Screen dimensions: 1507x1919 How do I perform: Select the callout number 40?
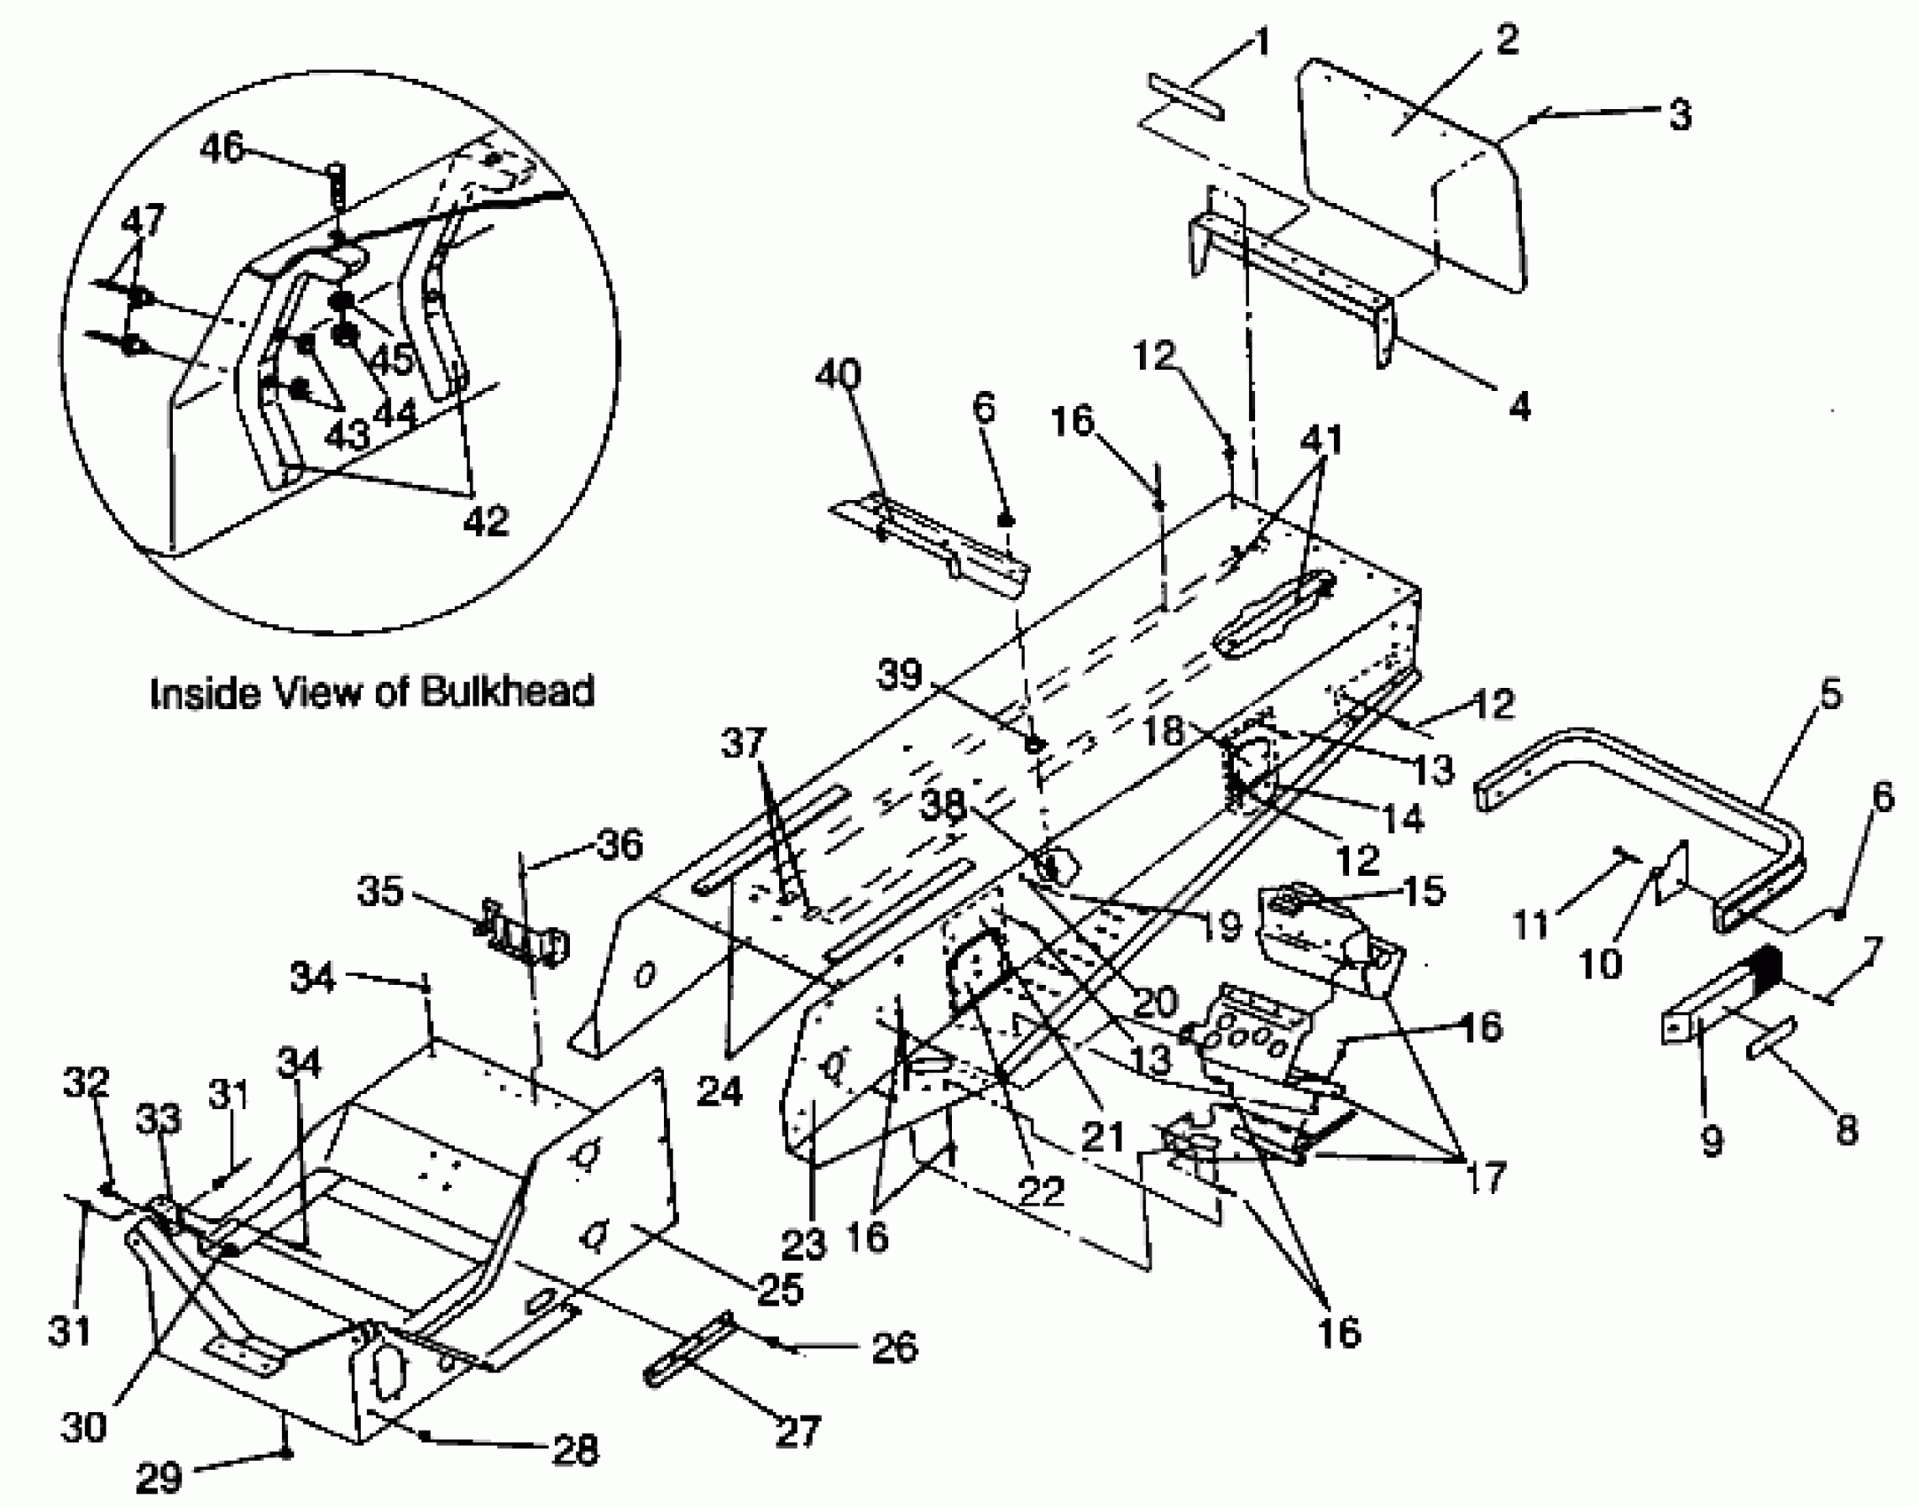tap(837, 375)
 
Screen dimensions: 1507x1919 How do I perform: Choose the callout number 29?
tap(160, 1477)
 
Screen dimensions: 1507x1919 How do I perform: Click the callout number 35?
tap(381, 891)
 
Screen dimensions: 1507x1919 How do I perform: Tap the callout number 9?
tap(1712, 1140)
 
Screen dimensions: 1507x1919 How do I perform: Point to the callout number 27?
tap(797, 1429)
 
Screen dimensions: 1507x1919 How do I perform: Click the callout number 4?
tap(1519, 407)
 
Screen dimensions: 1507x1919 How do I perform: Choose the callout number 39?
tap(900, 675)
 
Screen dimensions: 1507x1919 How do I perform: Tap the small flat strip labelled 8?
tap(1772, 1038)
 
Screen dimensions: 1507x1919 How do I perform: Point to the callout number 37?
tap(743, 743)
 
